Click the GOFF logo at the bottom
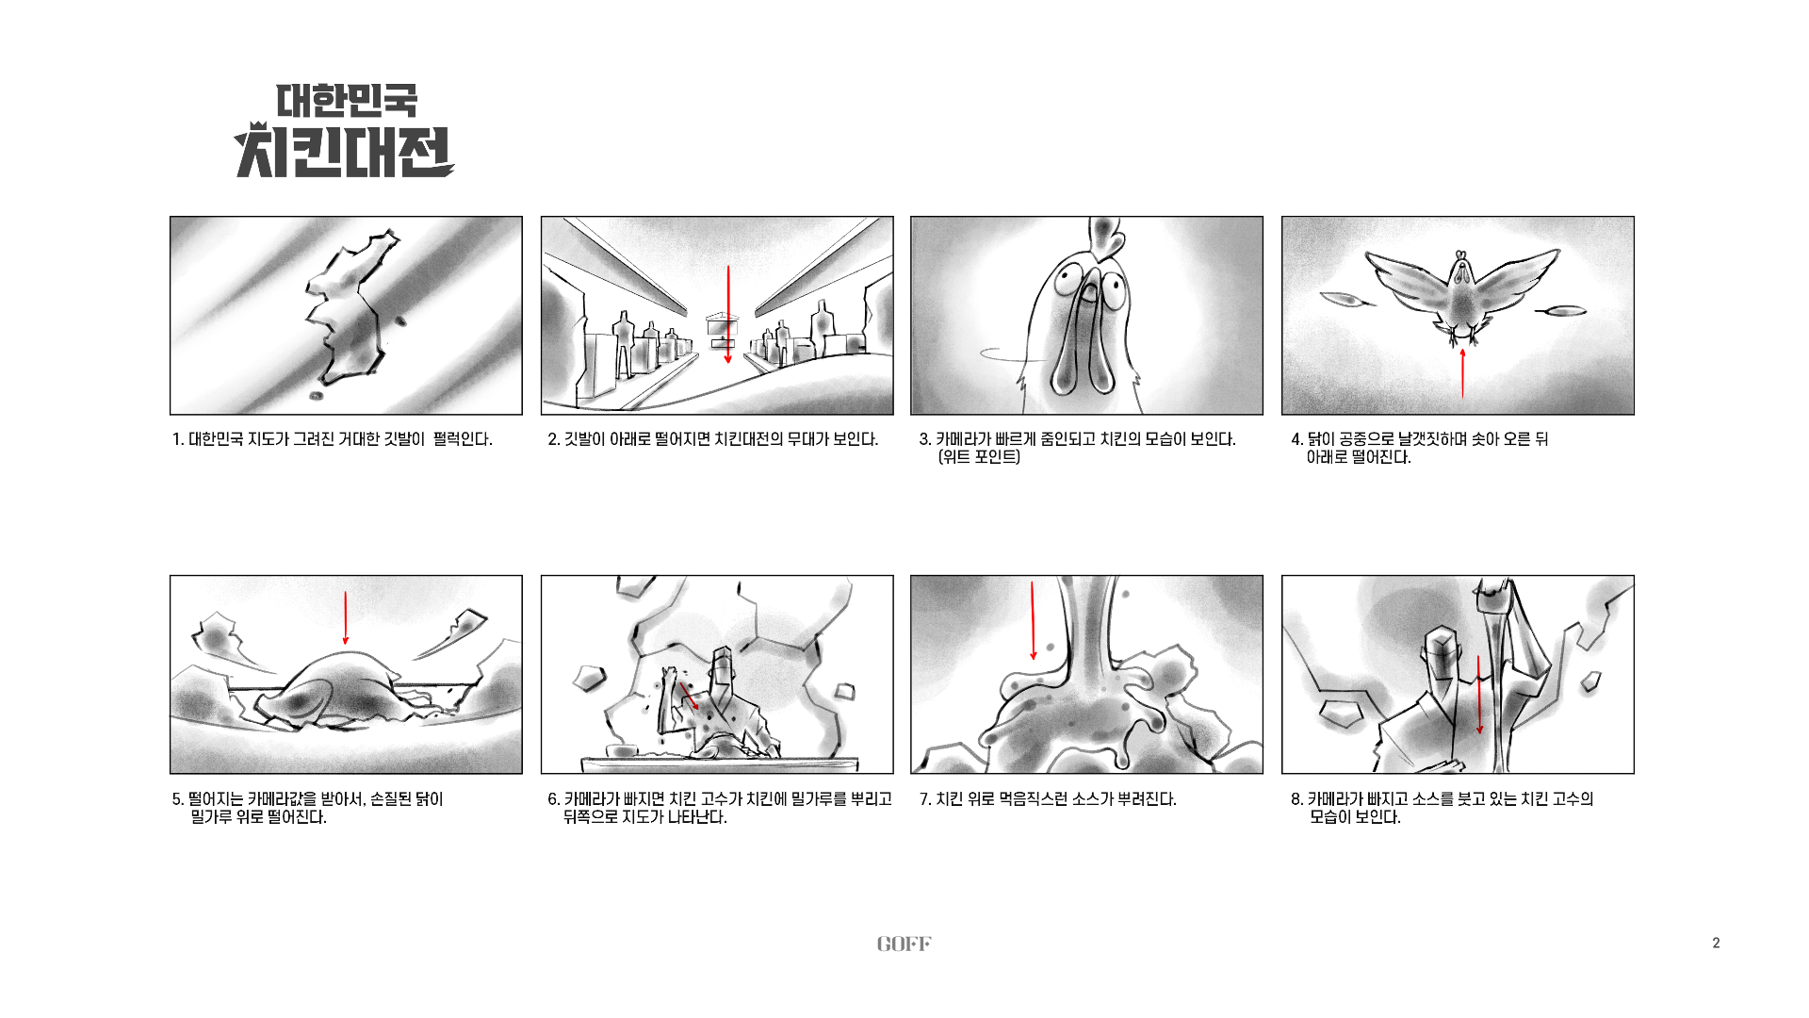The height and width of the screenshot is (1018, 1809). click(904, 944)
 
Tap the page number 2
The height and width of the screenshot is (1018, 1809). click(1716, 943)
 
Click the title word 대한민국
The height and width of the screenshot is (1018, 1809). click(346, 101)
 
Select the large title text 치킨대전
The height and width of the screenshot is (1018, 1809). click(344, 151)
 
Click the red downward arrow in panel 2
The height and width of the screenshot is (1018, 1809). click(727, 315)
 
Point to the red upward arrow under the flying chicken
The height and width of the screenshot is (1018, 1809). click(1462, 373)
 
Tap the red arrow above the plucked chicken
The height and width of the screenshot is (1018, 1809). click(346, 618)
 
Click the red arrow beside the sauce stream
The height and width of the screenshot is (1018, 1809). click(1034, 620)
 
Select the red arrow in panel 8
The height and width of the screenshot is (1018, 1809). click(1479, 695)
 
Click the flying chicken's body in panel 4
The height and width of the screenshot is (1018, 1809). click(1461, 297)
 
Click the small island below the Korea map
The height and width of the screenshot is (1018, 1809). click(317, 395)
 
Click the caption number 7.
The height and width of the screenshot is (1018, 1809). click(925, 799)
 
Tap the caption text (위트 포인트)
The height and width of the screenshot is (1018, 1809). click(979, 457)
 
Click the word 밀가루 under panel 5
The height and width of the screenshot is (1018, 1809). click(211, 817)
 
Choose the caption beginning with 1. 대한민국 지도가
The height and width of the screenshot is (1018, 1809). click(333, 439)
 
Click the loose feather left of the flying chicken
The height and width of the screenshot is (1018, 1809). click(1347, 301)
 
